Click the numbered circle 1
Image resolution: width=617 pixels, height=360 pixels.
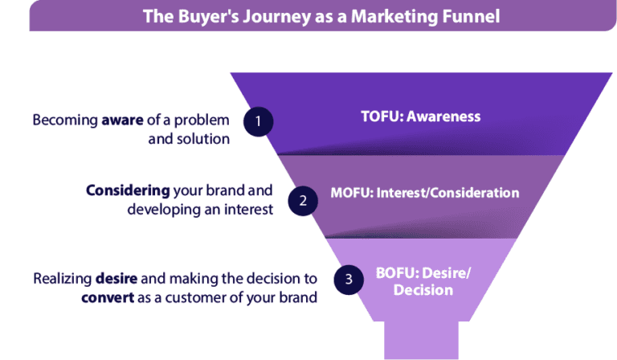pos(258,121)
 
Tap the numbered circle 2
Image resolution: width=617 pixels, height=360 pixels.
pos(303,201)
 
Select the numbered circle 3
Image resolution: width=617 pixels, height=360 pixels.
pos(348,280)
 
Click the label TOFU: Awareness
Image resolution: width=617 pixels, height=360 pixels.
pos(420,117)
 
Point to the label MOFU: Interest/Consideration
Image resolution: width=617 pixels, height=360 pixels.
pos(425,193)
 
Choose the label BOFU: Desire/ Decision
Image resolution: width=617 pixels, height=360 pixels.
pos(423,280)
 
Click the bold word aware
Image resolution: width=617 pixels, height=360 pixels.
pos(121,121)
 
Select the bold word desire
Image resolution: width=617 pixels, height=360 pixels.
pos(116,279)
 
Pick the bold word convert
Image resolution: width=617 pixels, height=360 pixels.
pos(105,297)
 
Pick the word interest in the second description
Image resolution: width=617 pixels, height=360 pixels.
pos(247,209)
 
